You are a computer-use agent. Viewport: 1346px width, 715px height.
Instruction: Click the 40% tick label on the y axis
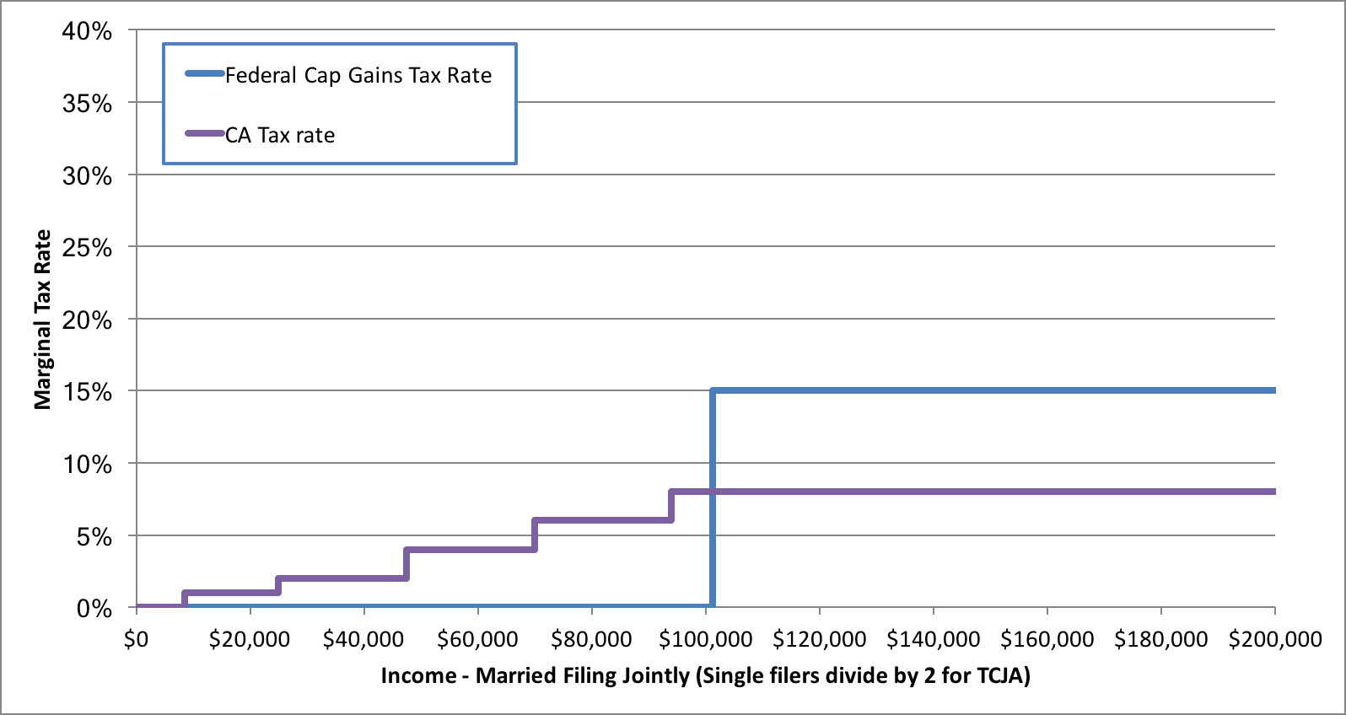[87, 31]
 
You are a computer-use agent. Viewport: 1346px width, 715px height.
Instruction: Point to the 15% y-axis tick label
[87, 392]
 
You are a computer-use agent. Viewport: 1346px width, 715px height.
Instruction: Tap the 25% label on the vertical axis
[87, 248]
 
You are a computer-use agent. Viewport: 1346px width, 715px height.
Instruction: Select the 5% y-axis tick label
[94, 536]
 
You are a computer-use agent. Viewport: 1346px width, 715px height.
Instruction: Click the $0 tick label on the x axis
[136, 639]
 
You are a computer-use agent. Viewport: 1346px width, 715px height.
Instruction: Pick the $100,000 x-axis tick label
[705, 639]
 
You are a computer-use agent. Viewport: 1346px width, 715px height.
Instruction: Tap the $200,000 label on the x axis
[1274, 639]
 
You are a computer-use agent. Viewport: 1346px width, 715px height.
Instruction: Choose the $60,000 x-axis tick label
[477, 639]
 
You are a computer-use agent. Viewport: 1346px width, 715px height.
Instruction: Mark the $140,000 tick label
[933, 639]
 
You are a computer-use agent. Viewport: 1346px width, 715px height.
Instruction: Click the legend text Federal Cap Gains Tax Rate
[358, 76]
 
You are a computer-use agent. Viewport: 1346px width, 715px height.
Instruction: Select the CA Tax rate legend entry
[279, 136]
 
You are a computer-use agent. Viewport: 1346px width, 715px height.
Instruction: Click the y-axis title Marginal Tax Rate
[42, 320]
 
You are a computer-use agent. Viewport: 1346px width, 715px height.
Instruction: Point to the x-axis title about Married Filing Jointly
[705, 675]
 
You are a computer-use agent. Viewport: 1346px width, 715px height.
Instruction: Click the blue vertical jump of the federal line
[713, 497]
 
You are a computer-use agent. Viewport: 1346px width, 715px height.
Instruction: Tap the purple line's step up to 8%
[671, 505]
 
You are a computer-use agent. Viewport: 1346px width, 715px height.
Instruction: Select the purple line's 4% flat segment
[470, 550]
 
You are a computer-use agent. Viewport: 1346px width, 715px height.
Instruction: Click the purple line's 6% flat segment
[602, 520]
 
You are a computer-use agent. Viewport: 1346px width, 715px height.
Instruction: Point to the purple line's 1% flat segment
[231, 592]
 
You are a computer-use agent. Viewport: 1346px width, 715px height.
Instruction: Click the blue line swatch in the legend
[204, 74]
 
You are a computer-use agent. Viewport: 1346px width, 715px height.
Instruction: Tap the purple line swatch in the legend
[204, 134]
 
